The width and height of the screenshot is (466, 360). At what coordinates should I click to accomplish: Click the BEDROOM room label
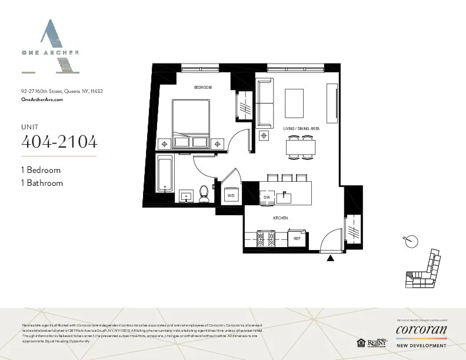[x=202, y=87]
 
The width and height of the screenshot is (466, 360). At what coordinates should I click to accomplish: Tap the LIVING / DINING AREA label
[x=301, y=128]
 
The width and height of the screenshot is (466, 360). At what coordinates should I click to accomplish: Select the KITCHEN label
[x=280, y=218]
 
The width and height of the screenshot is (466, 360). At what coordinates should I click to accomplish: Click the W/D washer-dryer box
[x=231, y=195]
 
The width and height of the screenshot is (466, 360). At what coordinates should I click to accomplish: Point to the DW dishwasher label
[x=267, y=197]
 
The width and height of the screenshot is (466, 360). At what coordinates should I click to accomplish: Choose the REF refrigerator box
[x=297, y=238]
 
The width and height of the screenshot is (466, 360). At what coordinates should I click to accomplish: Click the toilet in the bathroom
[x=204, y=194]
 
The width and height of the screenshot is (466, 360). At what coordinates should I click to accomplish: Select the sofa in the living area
[x=265, y=103]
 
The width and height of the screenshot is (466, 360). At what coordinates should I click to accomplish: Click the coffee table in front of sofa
[x=298, y=104]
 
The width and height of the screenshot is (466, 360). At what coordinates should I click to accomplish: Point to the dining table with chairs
[x=299, y=146]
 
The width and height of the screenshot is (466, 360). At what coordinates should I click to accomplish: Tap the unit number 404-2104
[x=59, y=142]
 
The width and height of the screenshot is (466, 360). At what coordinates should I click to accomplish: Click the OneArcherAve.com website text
[x=42, y=101]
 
